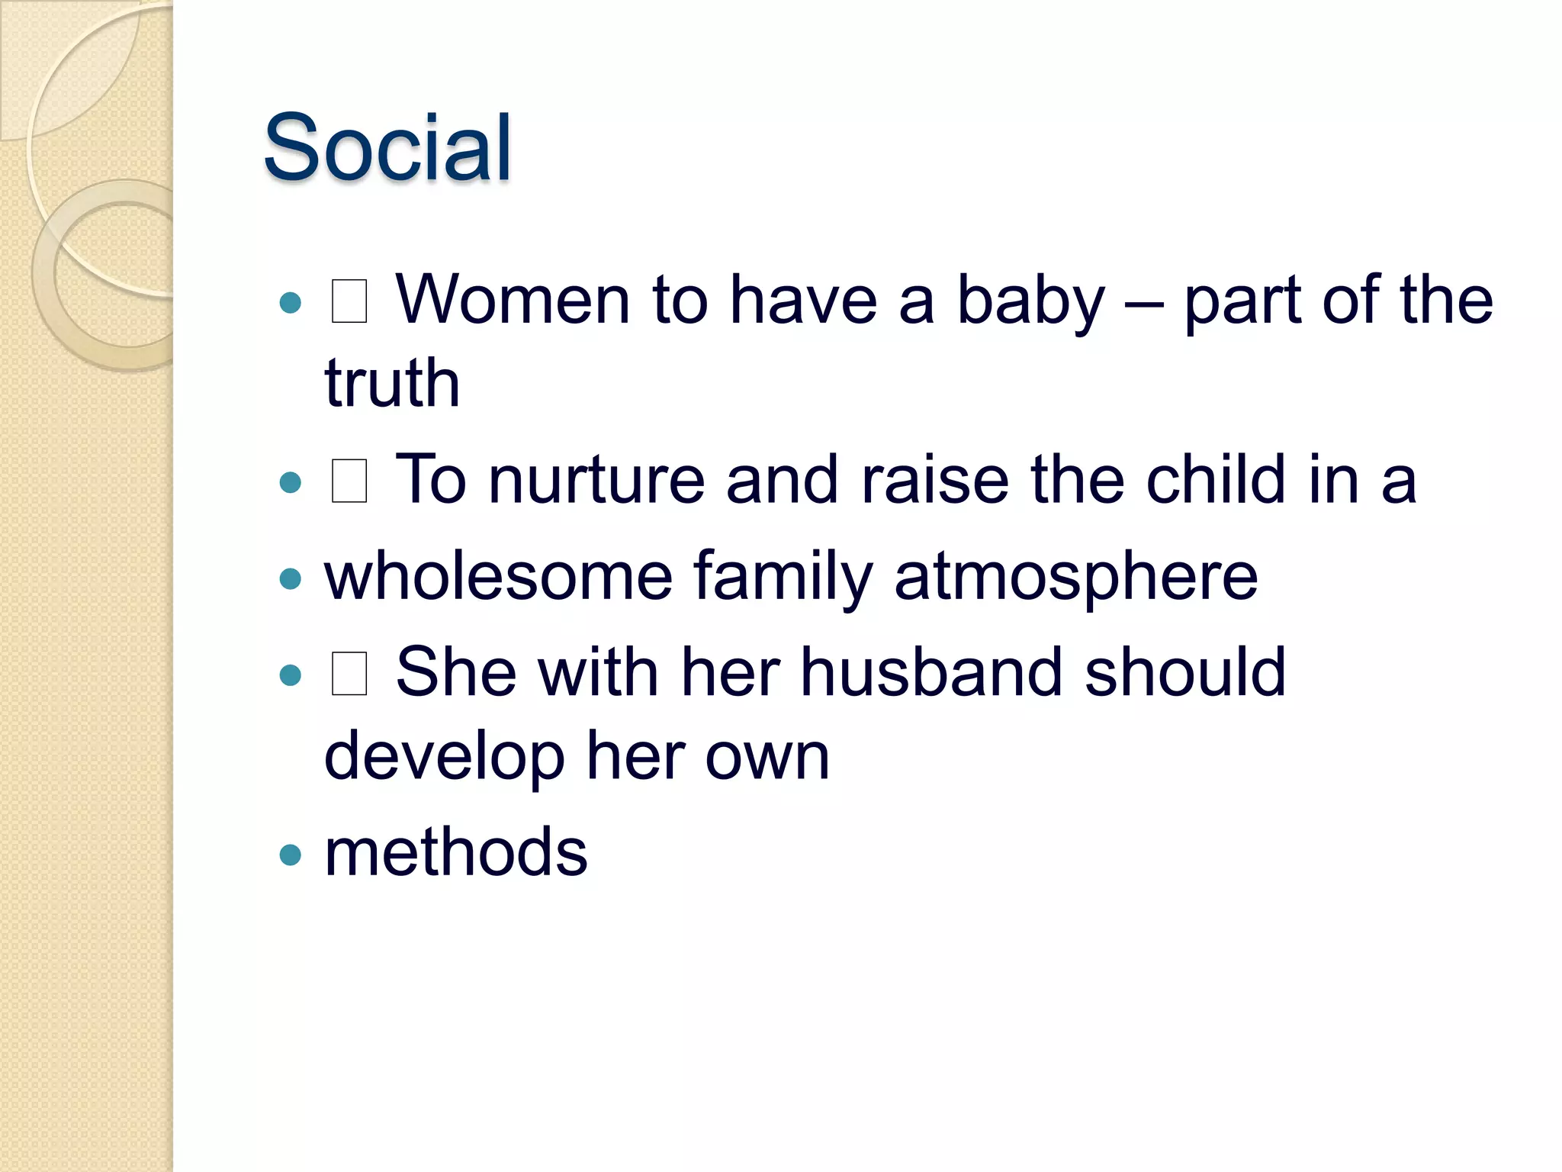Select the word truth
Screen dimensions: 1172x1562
point(392,383)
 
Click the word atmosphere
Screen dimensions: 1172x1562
point(1076,578)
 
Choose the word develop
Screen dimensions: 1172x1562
point(445,757)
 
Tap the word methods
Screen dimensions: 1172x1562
point(456,852)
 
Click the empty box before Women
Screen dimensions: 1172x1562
point(349,301)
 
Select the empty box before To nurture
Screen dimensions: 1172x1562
point(349,481)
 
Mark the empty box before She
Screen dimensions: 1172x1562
point(349,673)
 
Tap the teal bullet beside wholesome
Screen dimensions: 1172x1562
point(291,578)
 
